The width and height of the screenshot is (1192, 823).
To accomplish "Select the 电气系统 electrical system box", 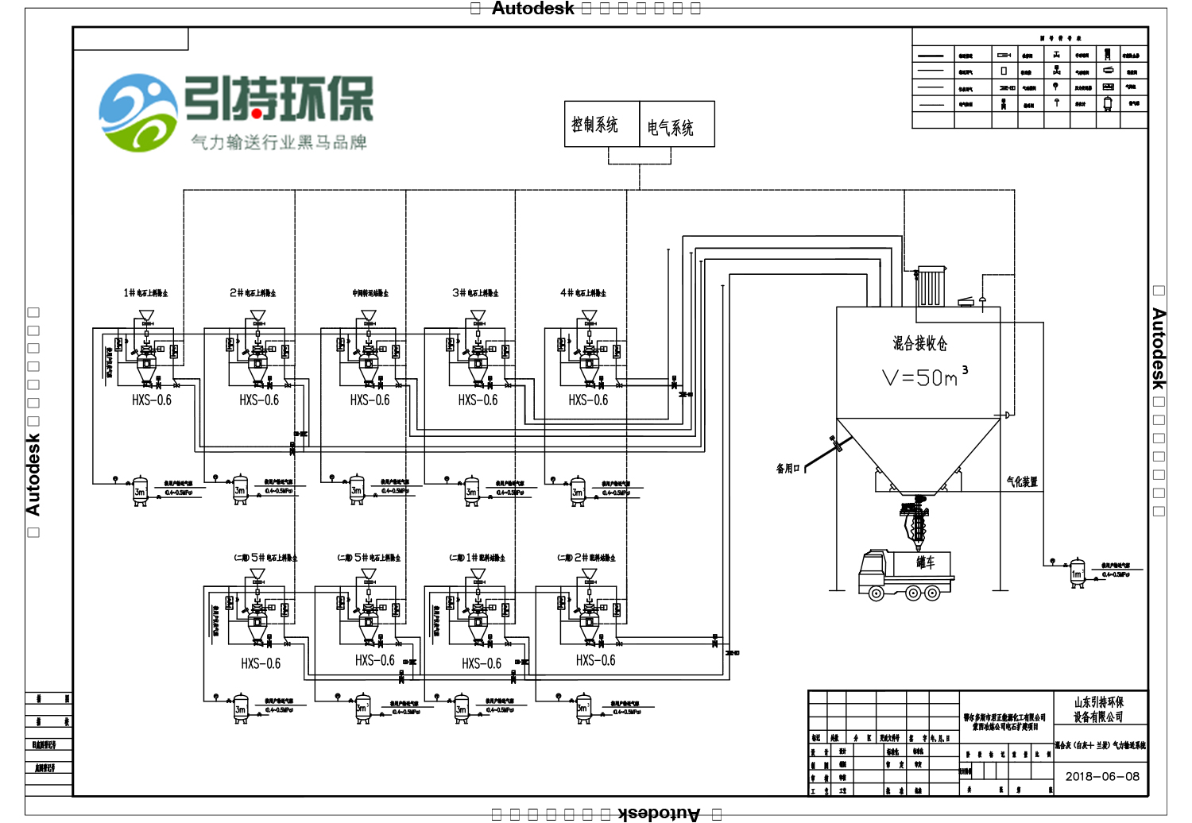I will pos(676,125).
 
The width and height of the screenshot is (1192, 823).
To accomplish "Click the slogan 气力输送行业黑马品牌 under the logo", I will pos(279,142).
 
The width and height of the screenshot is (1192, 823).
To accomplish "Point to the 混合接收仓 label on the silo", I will pos(919,343).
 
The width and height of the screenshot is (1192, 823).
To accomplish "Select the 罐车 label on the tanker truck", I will pos(926,562).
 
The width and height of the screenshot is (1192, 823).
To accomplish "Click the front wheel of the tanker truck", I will pos(876,593).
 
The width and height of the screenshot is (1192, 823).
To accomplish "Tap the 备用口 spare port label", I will pos(788,469).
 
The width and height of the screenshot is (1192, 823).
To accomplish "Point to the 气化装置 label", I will pos(1022,481).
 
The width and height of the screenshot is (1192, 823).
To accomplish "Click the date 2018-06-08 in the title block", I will pos(1102,776).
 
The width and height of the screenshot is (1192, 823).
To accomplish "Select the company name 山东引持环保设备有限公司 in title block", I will pos(1099,709).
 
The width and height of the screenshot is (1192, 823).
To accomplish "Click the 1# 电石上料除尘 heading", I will pos(145,293).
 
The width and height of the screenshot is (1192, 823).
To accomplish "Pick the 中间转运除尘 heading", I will pos(370,293).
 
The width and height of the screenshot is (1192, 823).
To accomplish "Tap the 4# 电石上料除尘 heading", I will pos(583,293).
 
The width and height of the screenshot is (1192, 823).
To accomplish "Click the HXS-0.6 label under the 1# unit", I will pos(152,400).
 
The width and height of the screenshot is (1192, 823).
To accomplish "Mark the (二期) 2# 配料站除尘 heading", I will pos(586,558).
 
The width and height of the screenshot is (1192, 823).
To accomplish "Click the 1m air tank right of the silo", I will pos(1078,573).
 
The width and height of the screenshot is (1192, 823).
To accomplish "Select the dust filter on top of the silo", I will pos(930,286).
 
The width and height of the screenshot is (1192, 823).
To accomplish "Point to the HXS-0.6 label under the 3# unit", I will pos(478,400).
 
